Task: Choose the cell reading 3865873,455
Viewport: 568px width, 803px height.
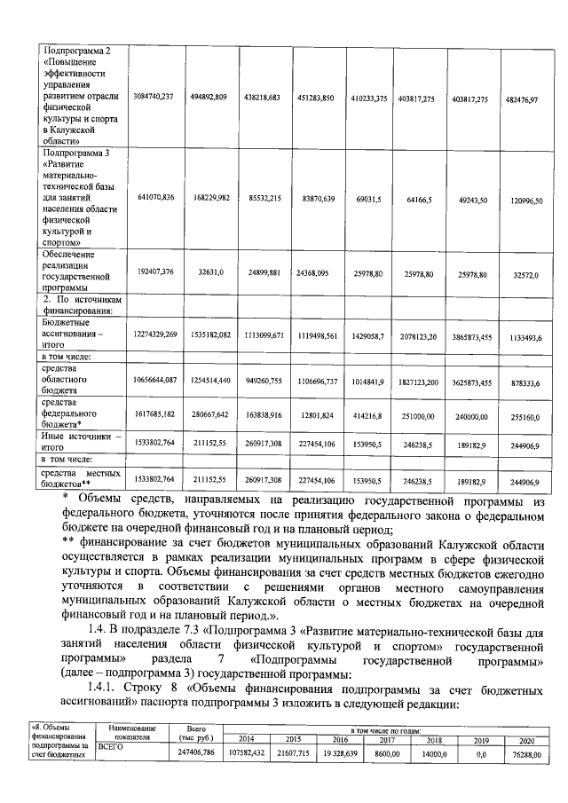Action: (x=470, y=338)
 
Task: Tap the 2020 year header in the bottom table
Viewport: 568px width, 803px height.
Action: (x=525, y=739)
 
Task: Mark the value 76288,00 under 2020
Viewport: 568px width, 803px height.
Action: (x=525, y=752)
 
